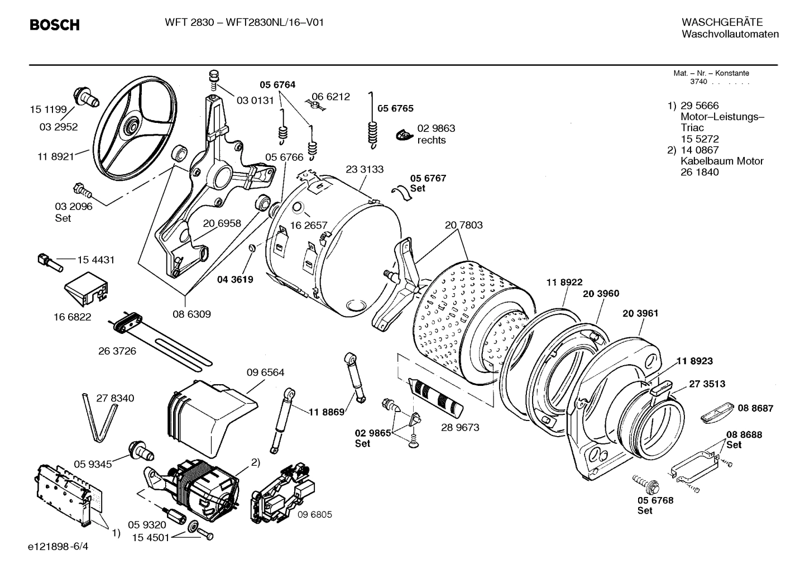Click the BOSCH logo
click(54, 25)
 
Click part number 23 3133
click(365, 169)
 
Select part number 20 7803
click(463, 225)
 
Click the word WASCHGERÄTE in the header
click(722, 22)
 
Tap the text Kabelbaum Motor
click(721, 161)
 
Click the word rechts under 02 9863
click(431, 140)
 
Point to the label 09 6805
click(314, 514)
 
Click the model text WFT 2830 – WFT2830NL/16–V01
click(244, 22)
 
